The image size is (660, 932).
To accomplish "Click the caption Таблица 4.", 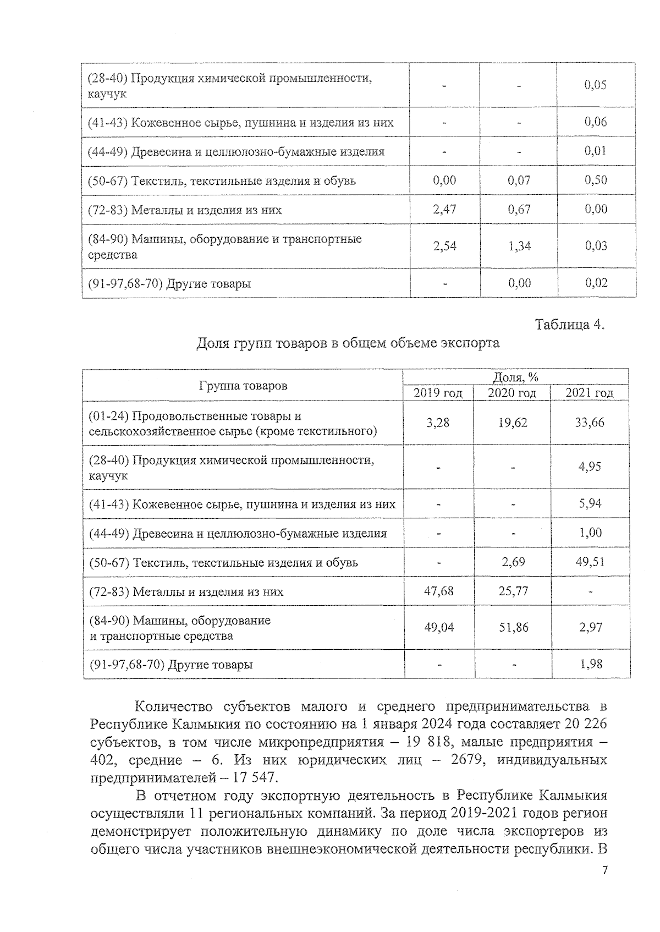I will coord(570,325).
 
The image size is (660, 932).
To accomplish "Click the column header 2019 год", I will coord(438,393).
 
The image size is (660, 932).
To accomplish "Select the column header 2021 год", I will coord(590,393).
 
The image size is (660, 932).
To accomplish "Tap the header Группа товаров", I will coord(243,385).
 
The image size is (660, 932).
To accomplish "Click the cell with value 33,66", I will coord(590,423).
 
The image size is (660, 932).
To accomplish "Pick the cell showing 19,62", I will coord(512,423).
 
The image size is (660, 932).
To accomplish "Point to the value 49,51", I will coord(590,562).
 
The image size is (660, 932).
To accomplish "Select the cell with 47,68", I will coord(438,591).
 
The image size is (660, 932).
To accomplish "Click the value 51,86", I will coord(513,627).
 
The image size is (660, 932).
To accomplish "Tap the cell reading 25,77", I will coord(513,591).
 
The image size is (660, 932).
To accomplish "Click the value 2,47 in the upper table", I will coord(444,209).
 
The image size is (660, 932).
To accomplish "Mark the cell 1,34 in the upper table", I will coord(519,245).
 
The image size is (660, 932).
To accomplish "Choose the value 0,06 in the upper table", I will coord(596,122).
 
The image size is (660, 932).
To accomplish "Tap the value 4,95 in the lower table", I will coord(590,467).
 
